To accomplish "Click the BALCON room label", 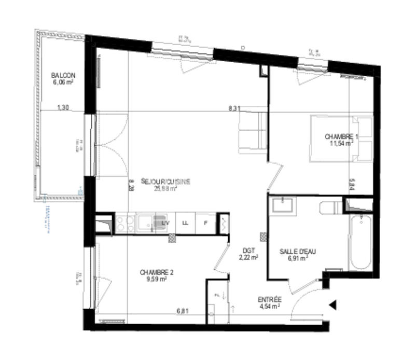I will (x=63, y=75).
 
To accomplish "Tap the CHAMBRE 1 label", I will (x=341, y=136).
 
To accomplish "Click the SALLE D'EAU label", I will (x=298, y=251).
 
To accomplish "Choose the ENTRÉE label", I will (x=269, y=300).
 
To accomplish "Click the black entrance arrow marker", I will (x=333, y=305).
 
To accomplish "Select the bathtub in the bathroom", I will (x=359, y=243).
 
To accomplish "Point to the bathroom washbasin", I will (x=282, y=204).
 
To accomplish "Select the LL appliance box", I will (x=184, y=223).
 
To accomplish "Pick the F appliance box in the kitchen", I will (x=206, y=223).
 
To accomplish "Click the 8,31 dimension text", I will (x=234, y=109).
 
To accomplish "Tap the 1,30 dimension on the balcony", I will (x=62, y=108).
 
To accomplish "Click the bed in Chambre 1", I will (x=341, y=139).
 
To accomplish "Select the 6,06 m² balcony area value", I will (x=63, y=81).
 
